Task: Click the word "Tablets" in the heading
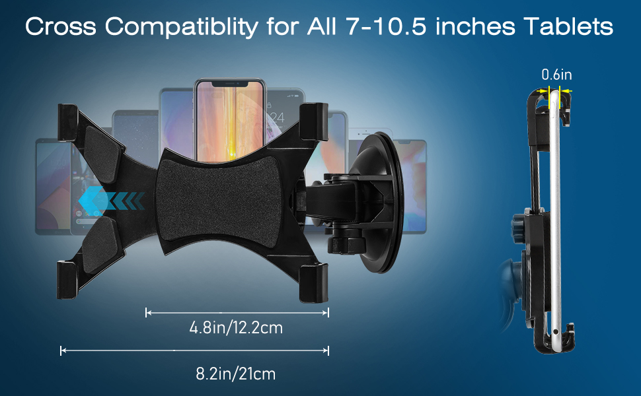click(568, 26)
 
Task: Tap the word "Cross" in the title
click(61, 26)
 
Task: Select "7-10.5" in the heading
click(387, 26)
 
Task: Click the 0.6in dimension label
click(556, 75)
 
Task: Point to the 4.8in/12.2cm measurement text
click(236, 327)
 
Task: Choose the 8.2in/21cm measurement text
click(235, 374)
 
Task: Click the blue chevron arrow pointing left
click(111, 201)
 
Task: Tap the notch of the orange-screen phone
click(230, 83)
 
